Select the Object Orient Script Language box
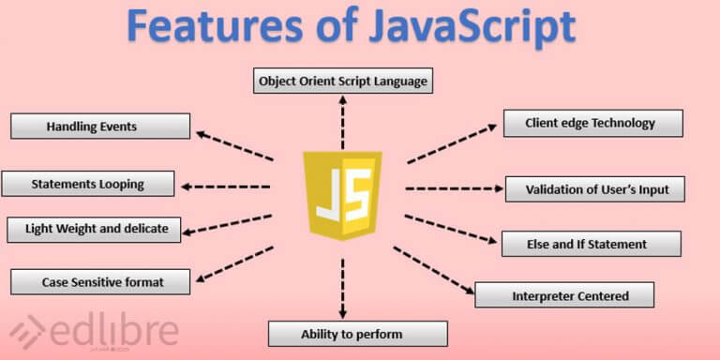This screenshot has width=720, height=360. (342, 81)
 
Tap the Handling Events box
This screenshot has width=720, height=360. (100, 127)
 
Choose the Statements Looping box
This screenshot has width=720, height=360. (88, 184)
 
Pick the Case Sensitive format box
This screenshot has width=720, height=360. (100, 280)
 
